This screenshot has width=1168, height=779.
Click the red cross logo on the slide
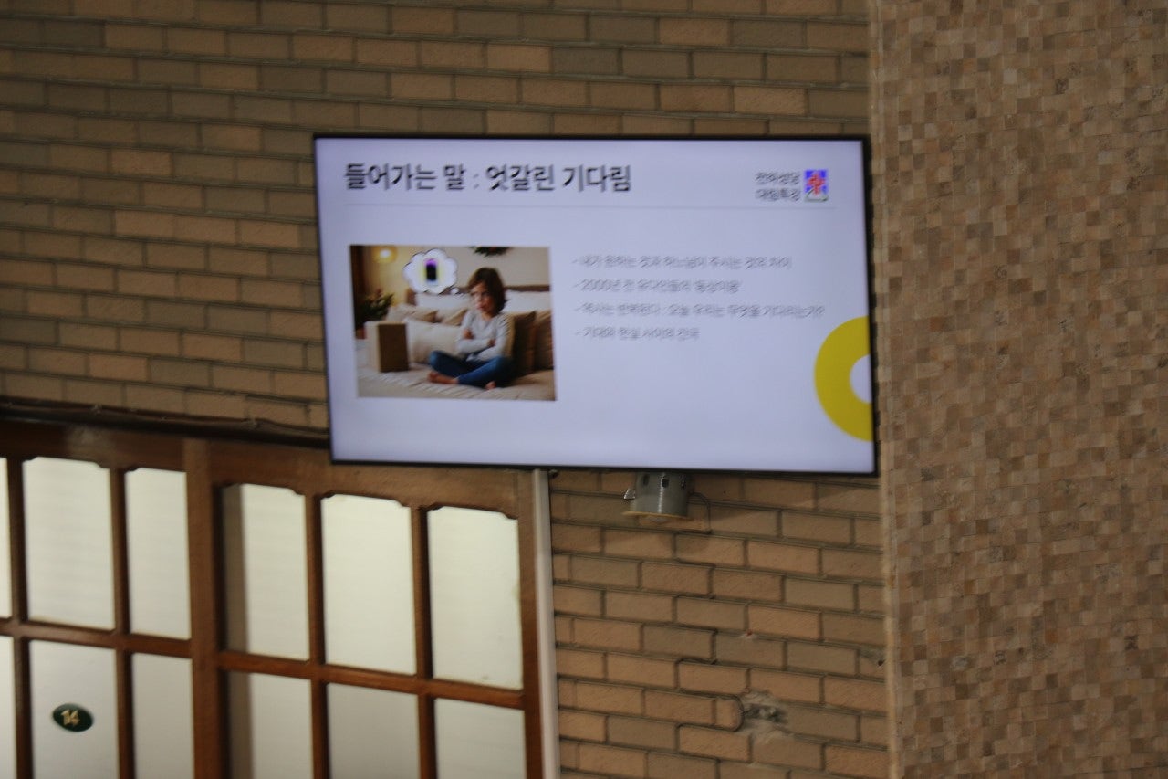[815, 185]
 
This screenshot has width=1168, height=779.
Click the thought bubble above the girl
[430, 270]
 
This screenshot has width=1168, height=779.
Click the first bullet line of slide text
[681, 262]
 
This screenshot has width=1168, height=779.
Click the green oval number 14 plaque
[72, 717]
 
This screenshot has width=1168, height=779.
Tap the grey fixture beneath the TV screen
[658, 496]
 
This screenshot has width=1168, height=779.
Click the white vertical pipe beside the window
[544, 621]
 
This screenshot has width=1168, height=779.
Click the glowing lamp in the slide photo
[382, 255]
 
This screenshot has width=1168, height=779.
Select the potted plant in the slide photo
[374, 306]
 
